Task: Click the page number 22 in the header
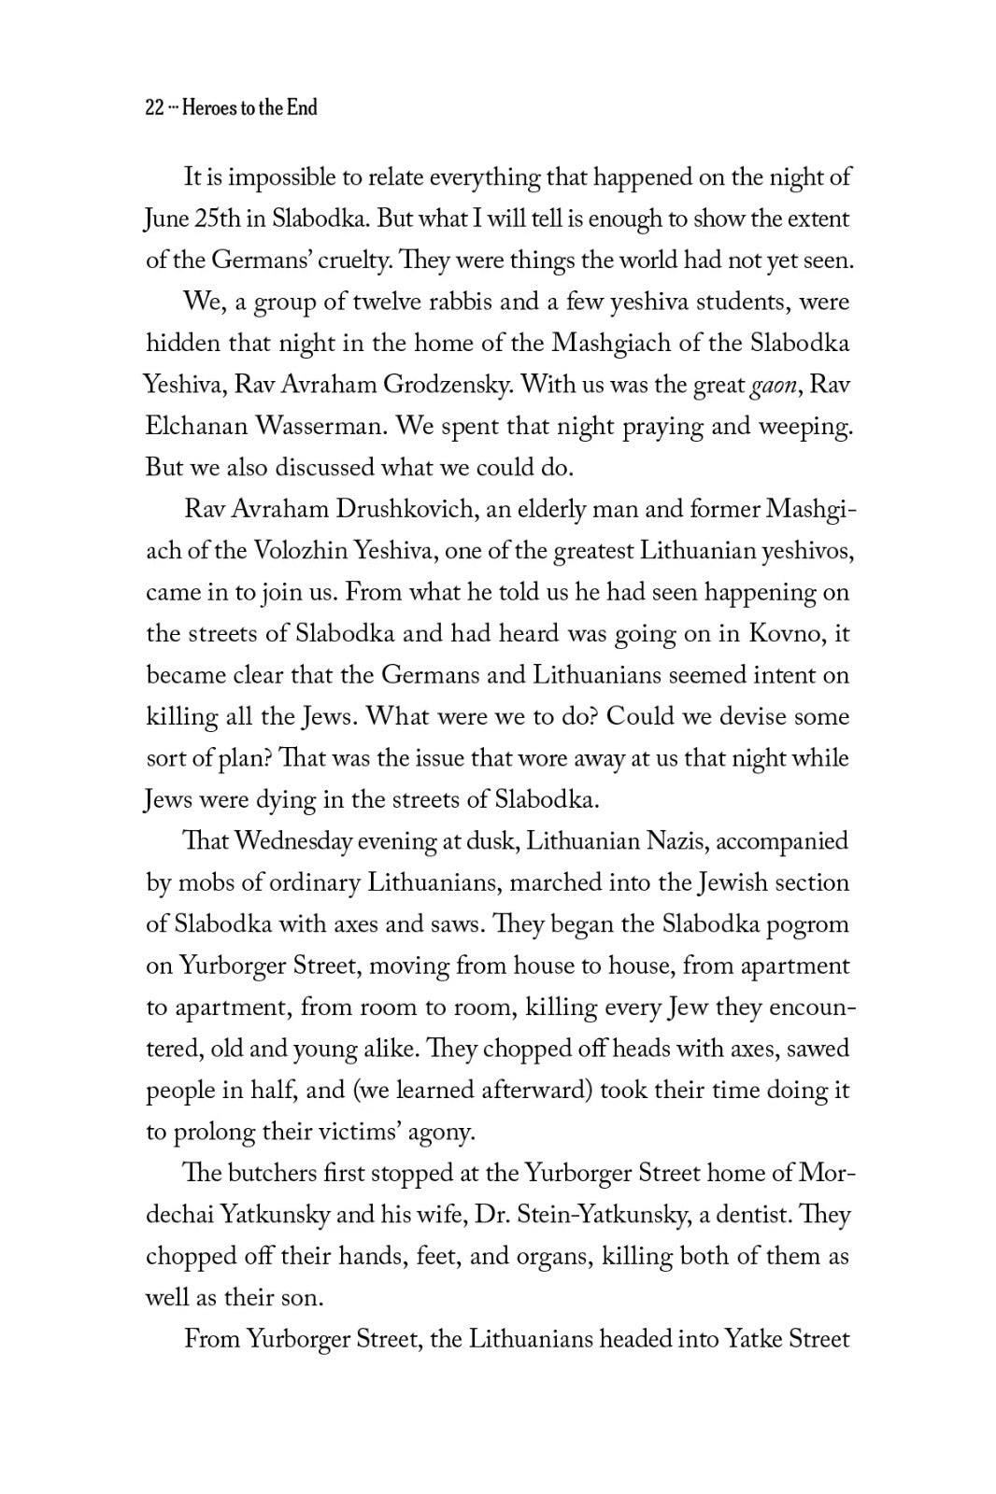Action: (x=155, y=107)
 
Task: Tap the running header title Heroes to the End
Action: (x=249, y=107)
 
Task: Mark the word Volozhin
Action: (x=300, y=551)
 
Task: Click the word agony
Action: (x=440, y=1132)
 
